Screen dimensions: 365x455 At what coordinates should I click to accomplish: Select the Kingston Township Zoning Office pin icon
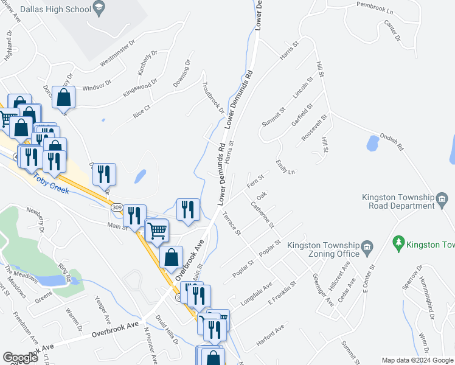click(367, 246)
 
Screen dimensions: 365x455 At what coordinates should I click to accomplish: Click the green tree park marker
click(399, 243)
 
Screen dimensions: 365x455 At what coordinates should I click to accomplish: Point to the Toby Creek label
click(52, 181)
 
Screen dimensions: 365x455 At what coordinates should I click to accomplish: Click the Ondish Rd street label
click(392, 142)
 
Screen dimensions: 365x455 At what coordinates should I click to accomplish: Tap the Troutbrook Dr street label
click(213, 97)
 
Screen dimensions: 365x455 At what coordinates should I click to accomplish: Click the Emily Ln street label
click(285, 167)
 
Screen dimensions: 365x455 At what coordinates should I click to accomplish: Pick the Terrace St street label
click(232, 223)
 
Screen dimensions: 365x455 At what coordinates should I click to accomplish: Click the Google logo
click(20, 358)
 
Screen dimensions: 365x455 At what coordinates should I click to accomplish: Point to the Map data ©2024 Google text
click(417, 361)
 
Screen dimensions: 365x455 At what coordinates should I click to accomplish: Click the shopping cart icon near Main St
click(158, 230)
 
